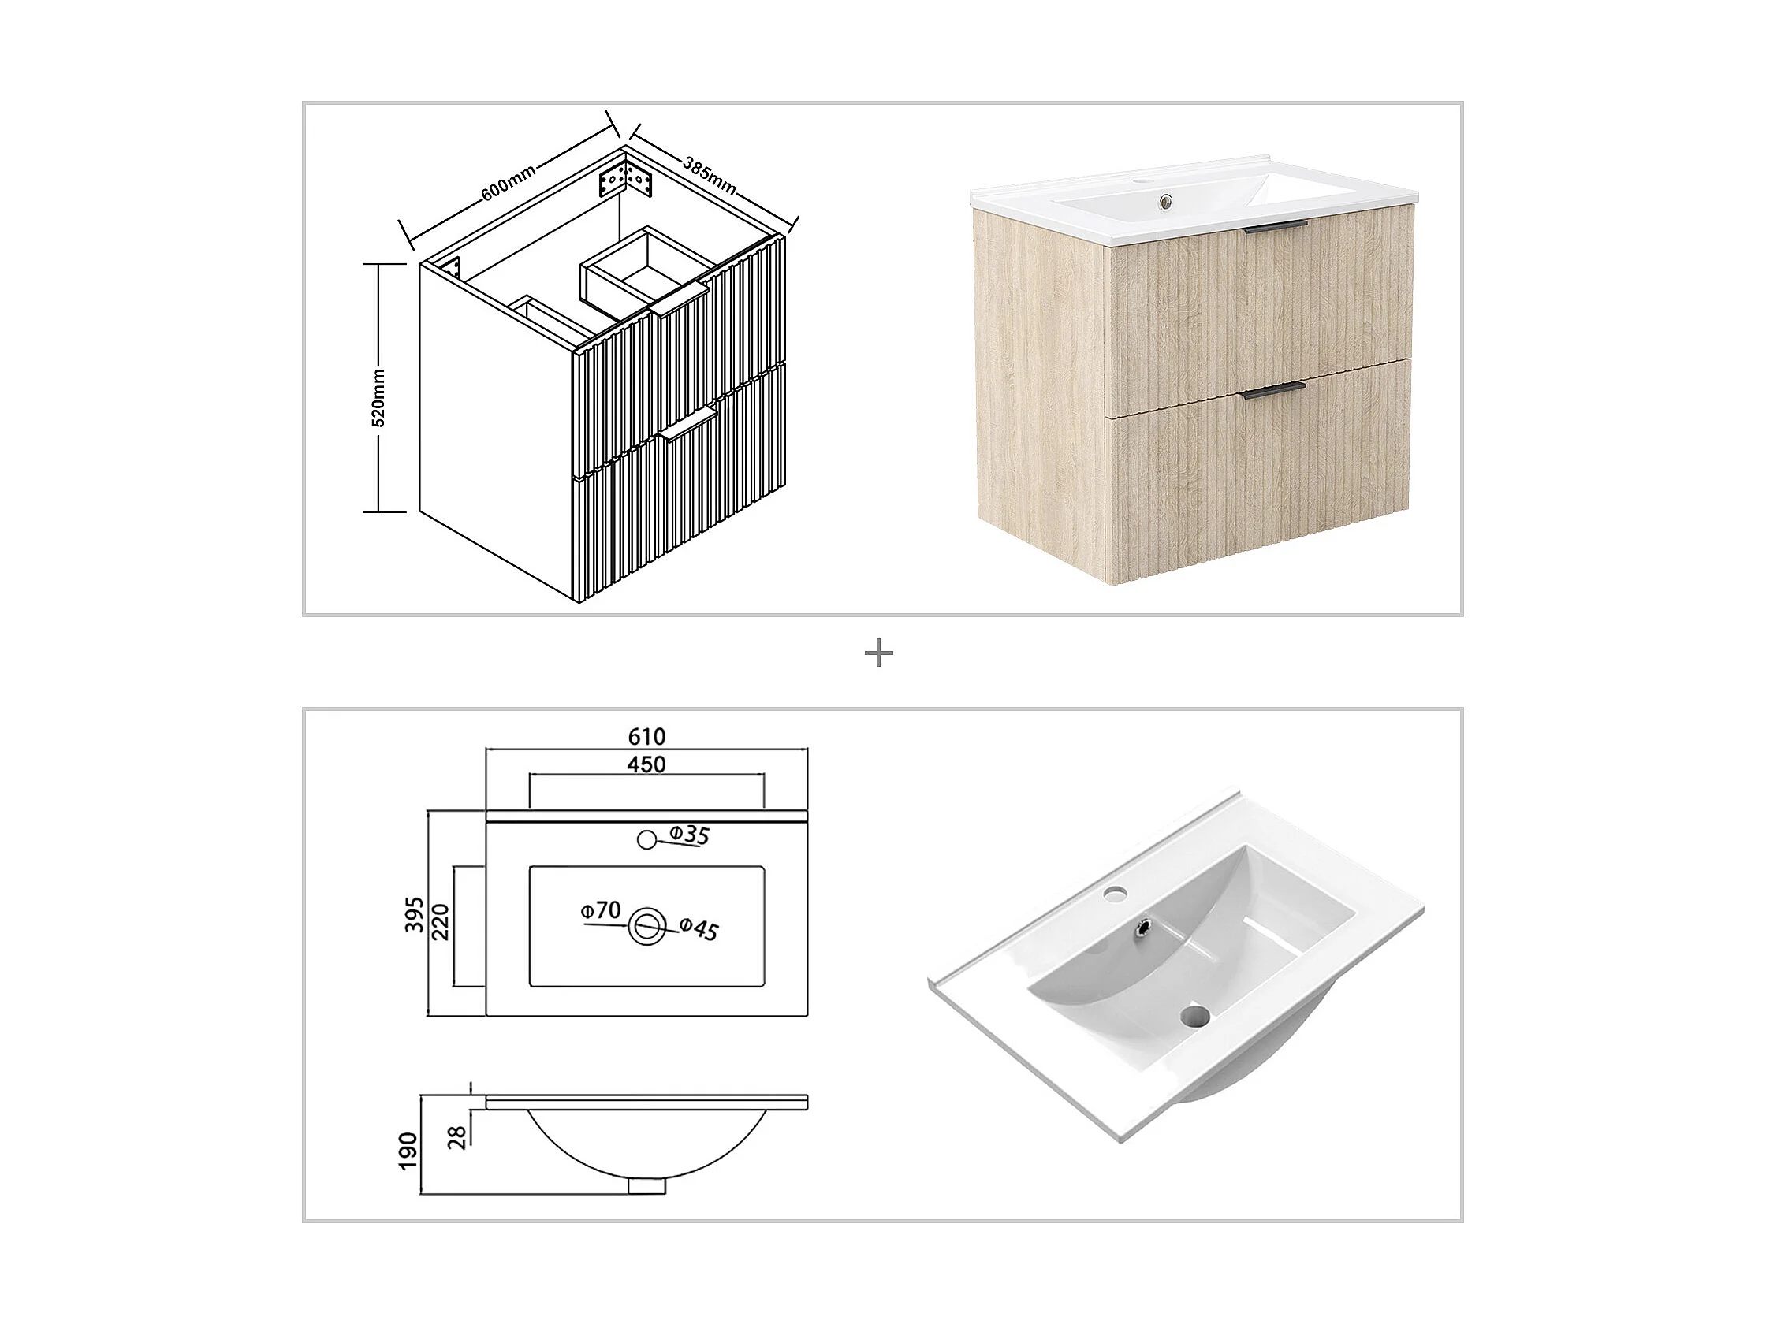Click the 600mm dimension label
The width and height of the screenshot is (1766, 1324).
pyautogui.click(x=509, y=182)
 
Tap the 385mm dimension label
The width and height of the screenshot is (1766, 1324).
pyautogui.click(x=709, y=174)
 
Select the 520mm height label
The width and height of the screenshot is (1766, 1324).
pyautogui.click(x=378, y=397)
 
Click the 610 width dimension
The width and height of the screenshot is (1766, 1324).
pyautogui.click(x=646, y=736)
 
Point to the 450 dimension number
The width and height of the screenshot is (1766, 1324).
pyautogui.click(x=646, y=764)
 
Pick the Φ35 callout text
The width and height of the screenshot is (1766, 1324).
pyautogui.click(x=689, y=835)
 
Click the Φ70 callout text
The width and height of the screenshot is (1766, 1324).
pyautogui.click(x=601, y=910)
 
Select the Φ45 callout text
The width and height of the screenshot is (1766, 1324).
pyautogui.click(x=700, y=928)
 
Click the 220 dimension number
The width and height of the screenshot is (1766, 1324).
pyautogui.click(x=441, y=921)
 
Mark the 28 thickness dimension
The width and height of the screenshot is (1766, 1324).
pyautogui.click(x=457, y=1136)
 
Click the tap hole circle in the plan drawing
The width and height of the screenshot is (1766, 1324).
pyautogui.click(x=646, y=839)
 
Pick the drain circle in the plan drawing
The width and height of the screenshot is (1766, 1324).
pyautogui.click(x=646, y=927)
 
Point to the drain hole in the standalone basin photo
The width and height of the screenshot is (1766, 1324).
pyautogui.click(x=1195, y=1015)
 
